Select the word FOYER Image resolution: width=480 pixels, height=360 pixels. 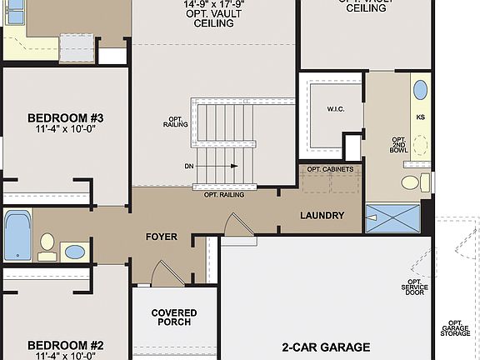tap(161, 237)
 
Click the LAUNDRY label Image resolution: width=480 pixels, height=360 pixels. tap(322, 216)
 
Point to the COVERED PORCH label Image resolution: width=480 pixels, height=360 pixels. tap(174, 318)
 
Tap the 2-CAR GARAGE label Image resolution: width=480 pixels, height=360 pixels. tap(326, 347)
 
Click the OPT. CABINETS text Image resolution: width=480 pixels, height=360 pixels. tap(330, 170)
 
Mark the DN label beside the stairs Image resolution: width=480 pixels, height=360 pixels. tap(190, 167)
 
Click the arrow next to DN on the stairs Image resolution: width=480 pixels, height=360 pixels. tap(221, 167)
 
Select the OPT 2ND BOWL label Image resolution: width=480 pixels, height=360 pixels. tap(399, 147)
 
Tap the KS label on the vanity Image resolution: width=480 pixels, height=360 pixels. tap(420, 117)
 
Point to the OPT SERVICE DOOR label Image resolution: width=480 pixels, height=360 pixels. tap(414, 287)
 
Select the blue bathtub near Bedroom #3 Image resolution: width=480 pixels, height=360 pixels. tap(17, 236)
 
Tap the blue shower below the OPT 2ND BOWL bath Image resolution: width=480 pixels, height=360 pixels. tap(392, 218)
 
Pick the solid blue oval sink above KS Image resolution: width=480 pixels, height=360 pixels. tap(420, 90)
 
